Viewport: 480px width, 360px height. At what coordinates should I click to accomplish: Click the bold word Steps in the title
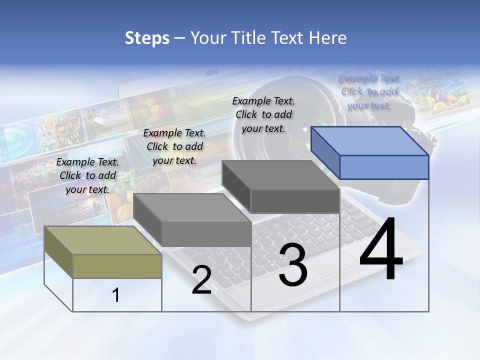pos(147,38)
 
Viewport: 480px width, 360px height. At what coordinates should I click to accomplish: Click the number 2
pos(201,280)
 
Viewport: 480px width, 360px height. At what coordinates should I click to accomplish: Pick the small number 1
pos(116,295)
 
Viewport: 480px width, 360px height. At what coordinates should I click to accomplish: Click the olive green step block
pos(102,252)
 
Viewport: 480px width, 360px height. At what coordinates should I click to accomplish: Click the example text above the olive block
pos(87,175)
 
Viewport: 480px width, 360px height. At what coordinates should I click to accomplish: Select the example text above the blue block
pos(369,91)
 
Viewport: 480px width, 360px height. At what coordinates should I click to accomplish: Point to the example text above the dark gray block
pos(264,114)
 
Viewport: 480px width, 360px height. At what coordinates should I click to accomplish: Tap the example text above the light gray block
pos(174,146)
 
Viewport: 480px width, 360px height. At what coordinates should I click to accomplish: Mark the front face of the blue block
pos(384,167)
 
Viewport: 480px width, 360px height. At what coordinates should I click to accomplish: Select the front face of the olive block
pos(117,266)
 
